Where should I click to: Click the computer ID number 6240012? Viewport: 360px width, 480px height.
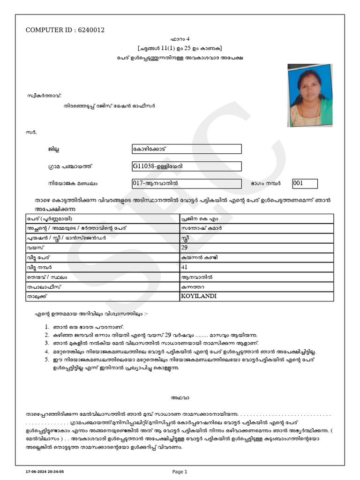pos(91,30)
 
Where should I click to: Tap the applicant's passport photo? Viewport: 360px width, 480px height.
pos(310,96)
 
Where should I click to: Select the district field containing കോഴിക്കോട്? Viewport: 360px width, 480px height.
pos(187,149)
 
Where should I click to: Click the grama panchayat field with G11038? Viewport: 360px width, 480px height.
pos(187,166)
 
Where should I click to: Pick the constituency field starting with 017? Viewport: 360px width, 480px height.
pos(187,183)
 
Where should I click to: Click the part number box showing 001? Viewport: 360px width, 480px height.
pos(305,183)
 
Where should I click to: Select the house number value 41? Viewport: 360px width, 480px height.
pos(184,267)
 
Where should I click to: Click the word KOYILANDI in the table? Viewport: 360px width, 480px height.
pos(199,296)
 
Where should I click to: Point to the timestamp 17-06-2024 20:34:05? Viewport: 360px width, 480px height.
pos(45,472)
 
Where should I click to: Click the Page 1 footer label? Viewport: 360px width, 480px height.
pos(180,472)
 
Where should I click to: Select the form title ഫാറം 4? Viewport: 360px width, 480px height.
pos(180,39)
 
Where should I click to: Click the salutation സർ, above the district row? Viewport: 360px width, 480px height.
pos(32,132)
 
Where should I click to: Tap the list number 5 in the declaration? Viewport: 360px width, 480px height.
pos(47,360)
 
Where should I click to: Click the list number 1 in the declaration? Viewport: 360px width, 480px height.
pos(47,327)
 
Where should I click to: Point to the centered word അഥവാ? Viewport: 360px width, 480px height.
pos(180,398)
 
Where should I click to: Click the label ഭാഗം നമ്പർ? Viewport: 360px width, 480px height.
pos(265,184)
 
